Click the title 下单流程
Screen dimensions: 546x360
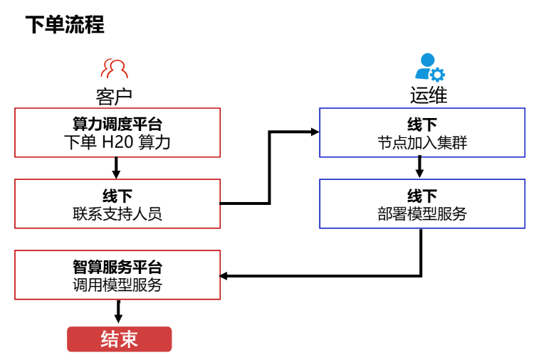point(65,24)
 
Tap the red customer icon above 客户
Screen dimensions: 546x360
point(114,68)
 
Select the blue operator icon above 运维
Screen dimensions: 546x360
point(429,67)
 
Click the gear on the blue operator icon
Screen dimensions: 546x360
point(437,75)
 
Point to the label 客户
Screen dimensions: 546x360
point(114,97)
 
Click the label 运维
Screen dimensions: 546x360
point(429,95)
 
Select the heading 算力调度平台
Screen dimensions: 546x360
point(117,124)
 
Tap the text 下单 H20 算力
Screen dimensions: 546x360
point(117,142)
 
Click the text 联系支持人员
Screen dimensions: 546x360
point(117,213)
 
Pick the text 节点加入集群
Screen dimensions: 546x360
point(422,143)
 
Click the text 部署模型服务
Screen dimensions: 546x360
point(422,213)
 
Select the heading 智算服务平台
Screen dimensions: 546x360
point(117,267)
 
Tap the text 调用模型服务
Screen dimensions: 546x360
point(117,285)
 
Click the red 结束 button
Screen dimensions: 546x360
point(120,339)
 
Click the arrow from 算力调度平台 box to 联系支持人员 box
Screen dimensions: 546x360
point(116,168)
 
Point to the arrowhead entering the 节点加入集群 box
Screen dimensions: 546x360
point(315,132)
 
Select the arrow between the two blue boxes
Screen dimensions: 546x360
point(419,167)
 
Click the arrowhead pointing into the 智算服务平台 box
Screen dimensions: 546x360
point(224,276)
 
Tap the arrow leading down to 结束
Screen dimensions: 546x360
point(118,312)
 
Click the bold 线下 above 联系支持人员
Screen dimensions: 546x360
point(117,196)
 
